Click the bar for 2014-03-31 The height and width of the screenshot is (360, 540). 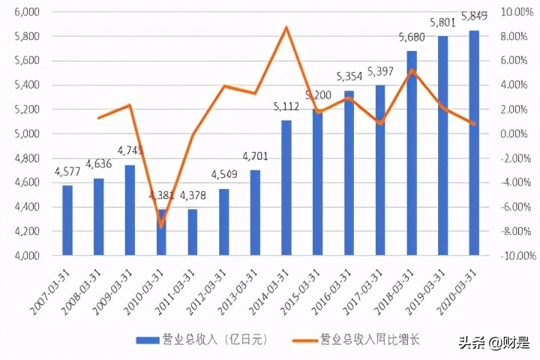(x=286, y=187)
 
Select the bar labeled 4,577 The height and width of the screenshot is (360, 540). (x=67, y=220)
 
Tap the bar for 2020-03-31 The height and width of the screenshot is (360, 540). (x=474, y=142)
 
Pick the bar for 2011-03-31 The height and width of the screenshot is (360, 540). (x=193, y=232)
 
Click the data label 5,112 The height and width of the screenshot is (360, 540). (x=286, y=107)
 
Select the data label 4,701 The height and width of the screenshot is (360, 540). (x=255, y=157)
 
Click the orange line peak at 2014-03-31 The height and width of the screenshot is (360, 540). (x=286, y=28)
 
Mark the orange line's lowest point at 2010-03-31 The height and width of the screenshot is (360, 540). (x=161, y=225)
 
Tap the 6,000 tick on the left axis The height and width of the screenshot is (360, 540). (x=27, y=12)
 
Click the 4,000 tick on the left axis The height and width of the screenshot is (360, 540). (x=27, y=256)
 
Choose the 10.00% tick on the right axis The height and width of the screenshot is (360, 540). (x=518, y=12)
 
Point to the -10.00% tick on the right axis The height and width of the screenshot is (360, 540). (x=518, y=256)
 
